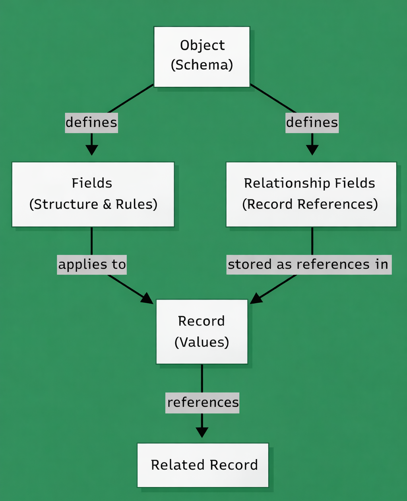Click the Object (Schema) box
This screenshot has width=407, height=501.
tap(202, 57)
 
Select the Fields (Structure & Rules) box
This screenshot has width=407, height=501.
tap(93, 194)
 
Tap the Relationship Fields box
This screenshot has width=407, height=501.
tap(311, 194)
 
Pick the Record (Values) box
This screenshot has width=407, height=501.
tap(202, 331)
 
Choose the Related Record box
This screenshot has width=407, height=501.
tap(203, 465)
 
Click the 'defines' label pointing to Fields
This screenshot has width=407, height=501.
tap(91, 122)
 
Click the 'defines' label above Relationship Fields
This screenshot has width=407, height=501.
tap(312, 122)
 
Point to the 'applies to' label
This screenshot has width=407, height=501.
tap(92, 265)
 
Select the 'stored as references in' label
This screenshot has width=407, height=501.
tap(309, 265)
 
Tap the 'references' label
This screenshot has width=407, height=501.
tap(202, 402)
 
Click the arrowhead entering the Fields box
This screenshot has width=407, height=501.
tap(91, 150)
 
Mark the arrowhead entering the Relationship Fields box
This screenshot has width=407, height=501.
tap(312, 150)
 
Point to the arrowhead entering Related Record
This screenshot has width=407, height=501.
tap(202, 433)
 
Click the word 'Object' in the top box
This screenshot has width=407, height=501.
tap(202, 45)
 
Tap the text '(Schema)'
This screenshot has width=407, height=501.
tap(202, 65)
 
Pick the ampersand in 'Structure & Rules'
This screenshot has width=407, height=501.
tap(107, 205)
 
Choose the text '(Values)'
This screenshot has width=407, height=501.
tap(202, 342)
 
